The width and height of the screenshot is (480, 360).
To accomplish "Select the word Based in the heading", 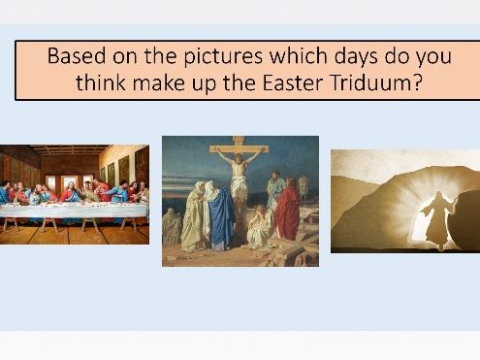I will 76,54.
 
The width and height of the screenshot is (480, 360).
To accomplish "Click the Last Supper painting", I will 74,194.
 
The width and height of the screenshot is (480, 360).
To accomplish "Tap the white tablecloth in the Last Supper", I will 74,210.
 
